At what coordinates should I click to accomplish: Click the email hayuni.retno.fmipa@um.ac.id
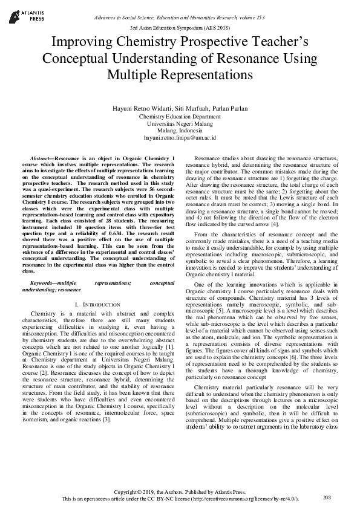(180, 138)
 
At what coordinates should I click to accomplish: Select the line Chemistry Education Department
(180, 116)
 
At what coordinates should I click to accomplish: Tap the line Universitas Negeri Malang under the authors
(180, 123)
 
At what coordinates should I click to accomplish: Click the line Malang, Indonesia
(180, 131)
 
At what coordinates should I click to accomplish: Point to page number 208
(327, 497)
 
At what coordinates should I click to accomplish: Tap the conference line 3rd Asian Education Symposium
(180, 28)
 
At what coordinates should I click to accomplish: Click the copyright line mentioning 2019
(180, 492)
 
